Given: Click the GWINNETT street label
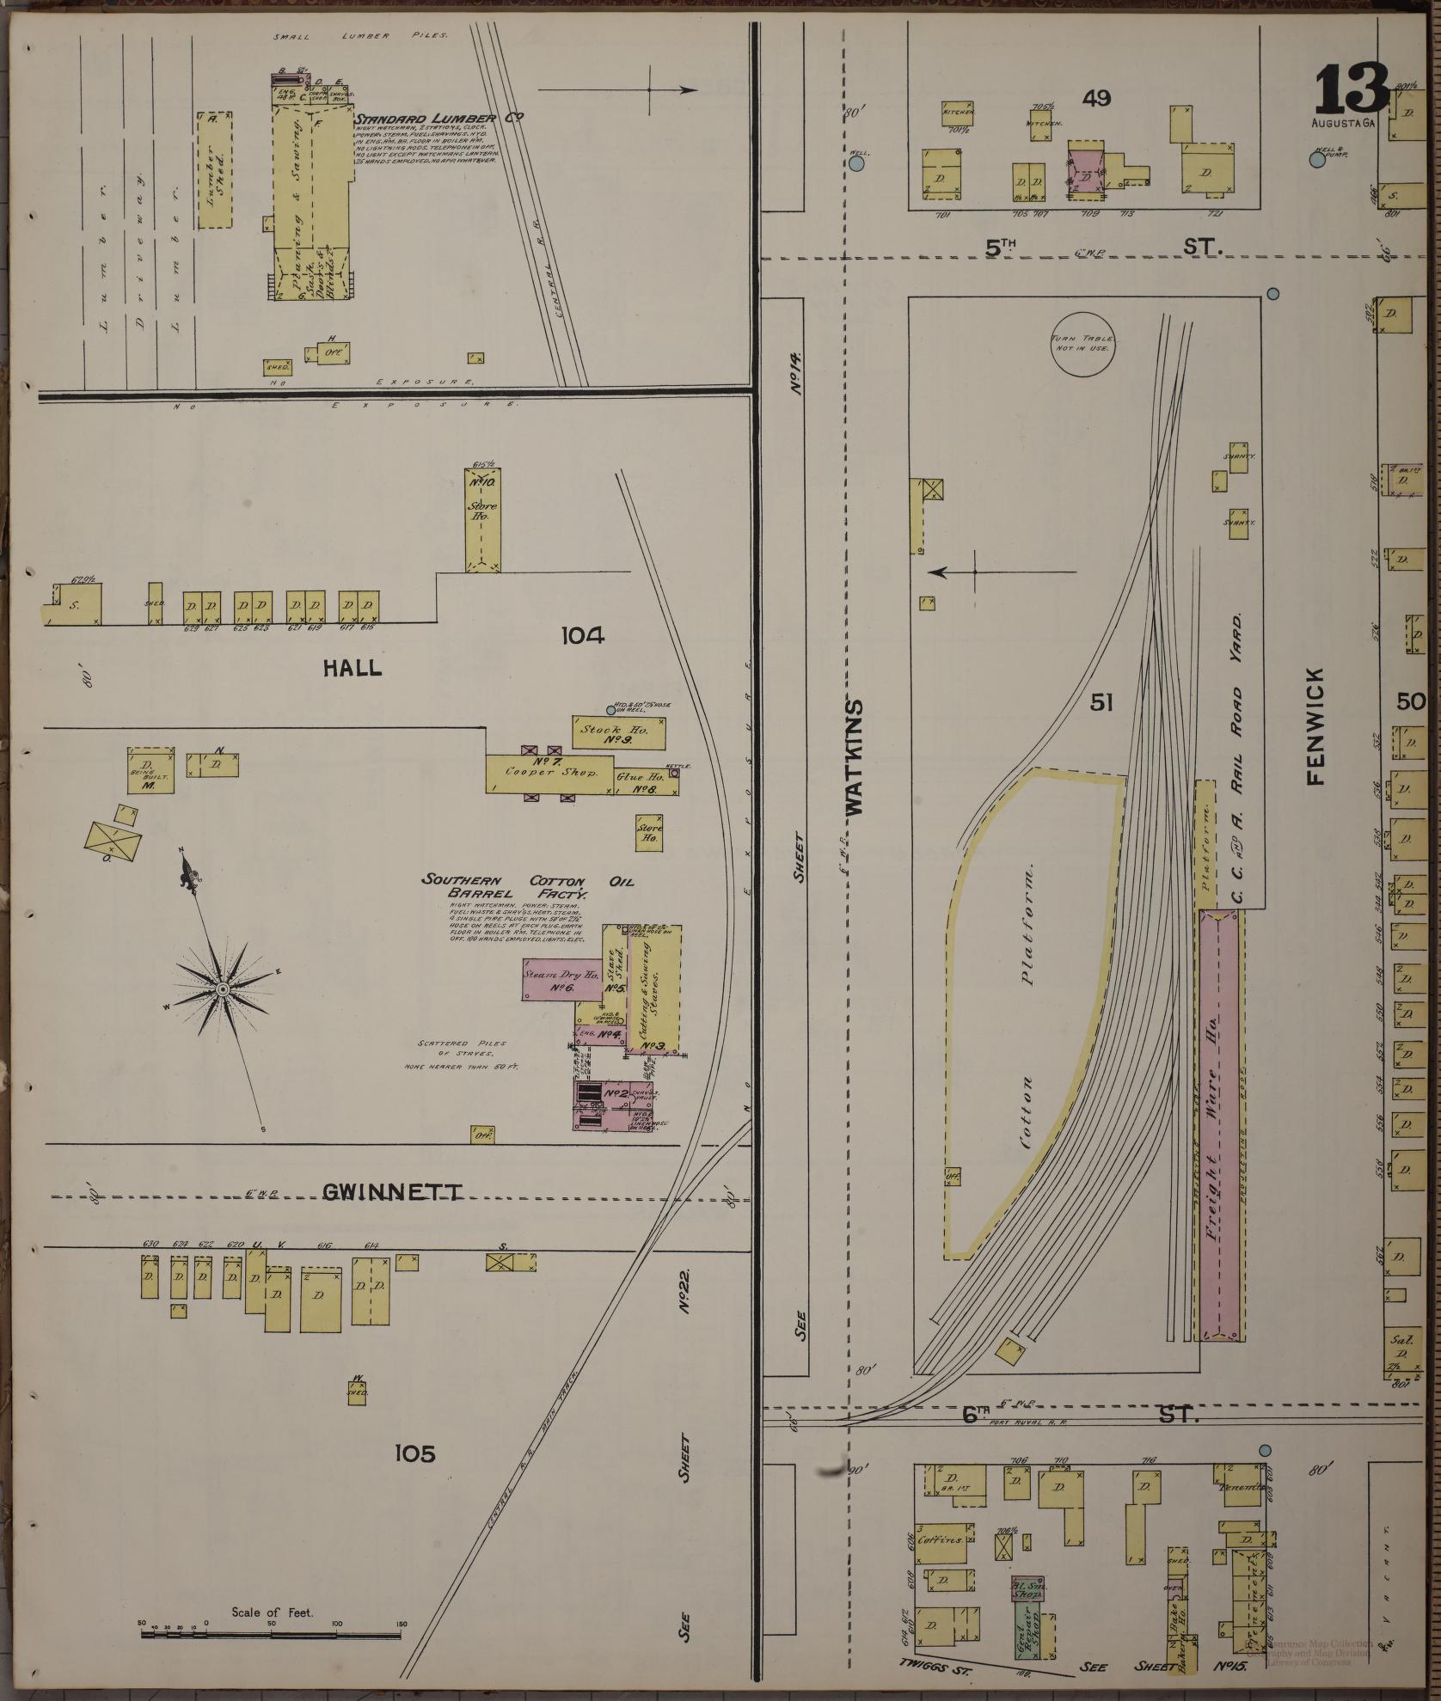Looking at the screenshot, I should pos(392,1191).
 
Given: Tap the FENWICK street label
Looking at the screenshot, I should pos(1315,727).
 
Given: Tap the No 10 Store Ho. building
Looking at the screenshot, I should pos(483,519).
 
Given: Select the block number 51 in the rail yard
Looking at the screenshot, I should pos(1101,703).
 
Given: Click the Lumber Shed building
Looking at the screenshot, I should pos(214,169).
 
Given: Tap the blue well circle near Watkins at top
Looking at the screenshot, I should pos(857,162).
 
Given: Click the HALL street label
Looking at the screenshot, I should pos(353,668).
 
